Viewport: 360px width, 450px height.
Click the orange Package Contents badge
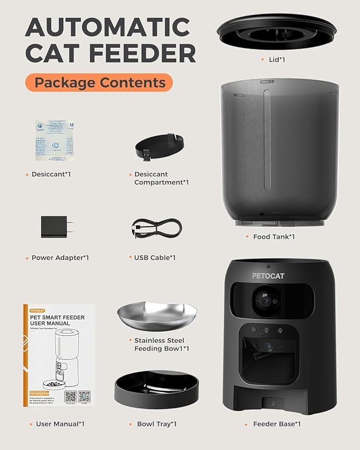tap(99, 83)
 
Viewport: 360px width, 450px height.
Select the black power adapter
tap(56, 227)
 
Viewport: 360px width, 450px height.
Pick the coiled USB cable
tap(156, 227)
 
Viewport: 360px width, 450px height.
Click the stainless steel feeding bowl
tap(157, 316)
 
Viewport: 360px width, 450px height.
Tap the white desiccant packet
tap(54, 139)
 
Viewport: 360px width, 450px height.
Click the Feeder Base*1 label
tap(277, 424)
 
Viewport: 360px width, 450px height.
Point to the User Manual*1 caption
tap(60, 424)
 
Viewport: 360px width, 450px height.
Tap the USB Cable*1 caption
tap(155, 258)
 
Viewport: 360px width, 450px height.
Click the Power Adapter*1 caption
tap(60, 258)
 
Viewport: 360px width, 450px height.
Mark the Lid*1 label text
tap(277, 59)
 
